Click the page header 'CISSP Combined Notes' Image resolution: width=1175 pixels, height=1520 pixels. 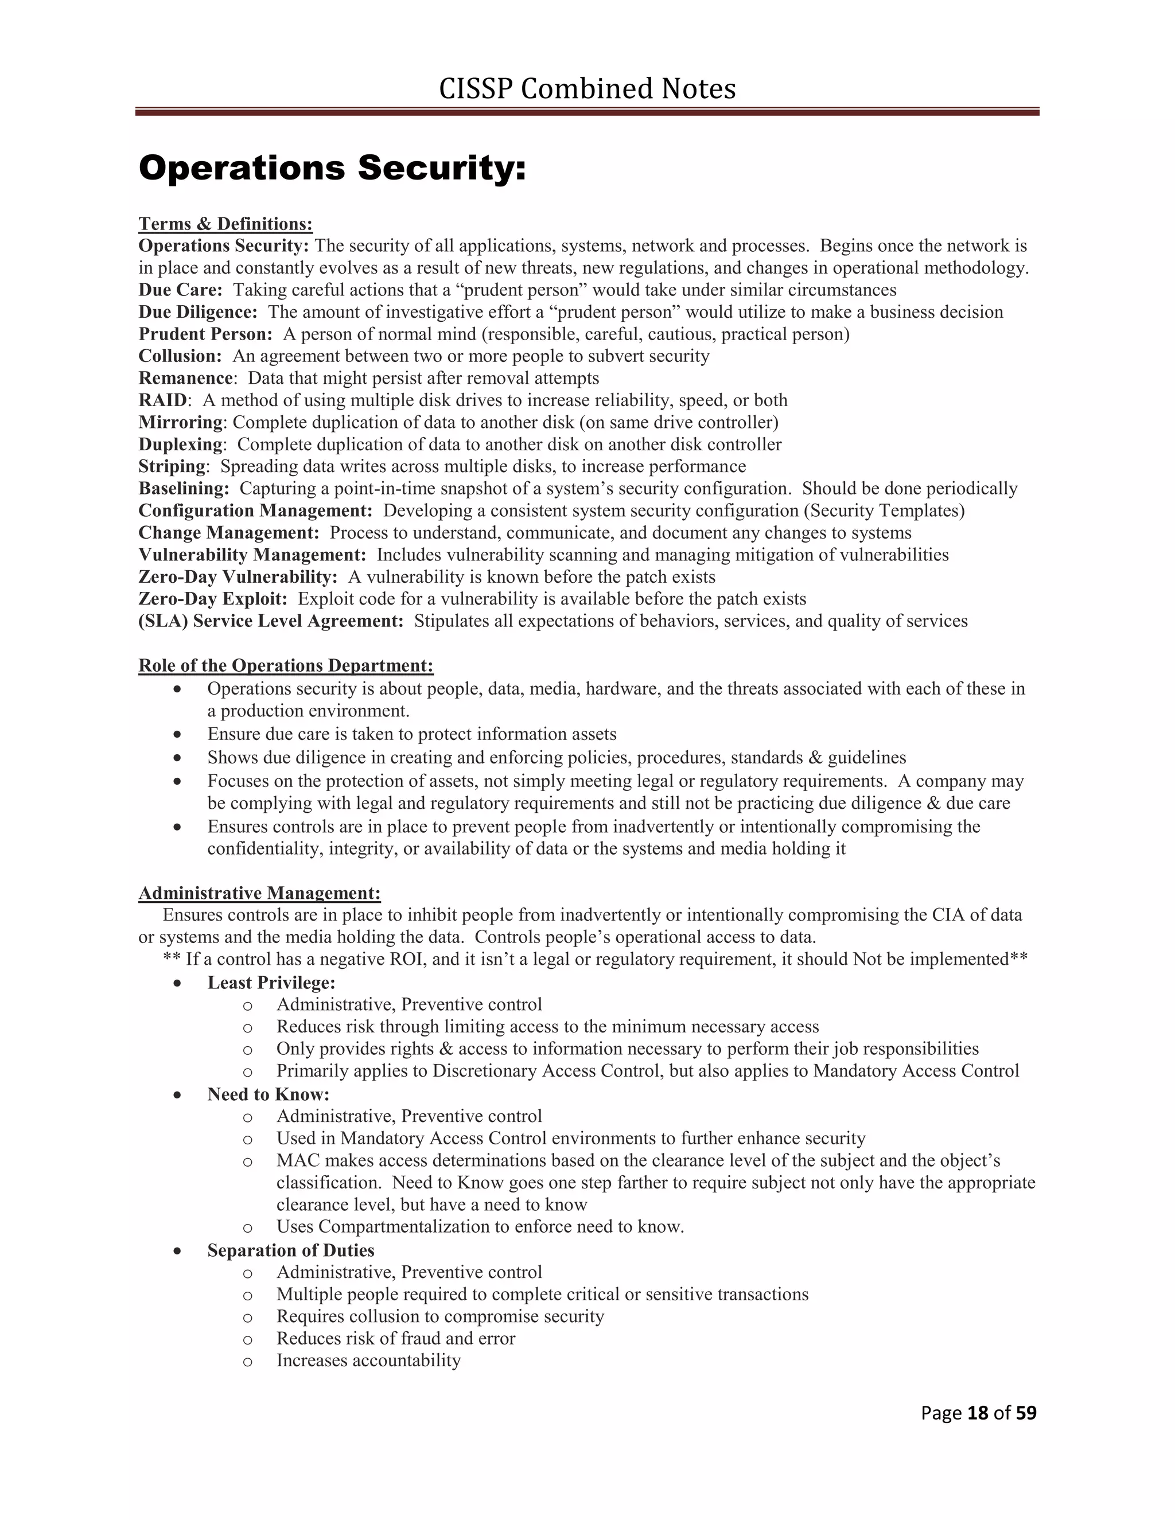(x=587, y=89)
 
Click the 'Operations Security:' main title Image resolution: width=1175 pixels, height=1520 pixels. (x=332, y=169)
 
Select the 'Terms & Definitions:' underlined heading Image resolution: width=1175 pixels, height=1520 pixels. (x=225, y=224)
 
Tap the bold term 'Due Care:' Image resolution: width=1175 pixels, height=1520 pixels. (x=180, y=290)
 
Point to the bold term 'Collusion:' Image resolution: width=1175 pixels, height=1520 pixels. (x=180, y=356)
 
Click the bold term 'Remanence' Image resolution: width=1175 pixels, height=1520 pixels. (x=185, y=378)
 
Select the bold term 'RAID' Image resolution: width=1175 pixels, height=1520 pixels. (x=162, y=400)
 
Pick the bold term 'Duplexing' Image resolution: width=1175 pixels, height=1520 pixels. (x=180, y=444)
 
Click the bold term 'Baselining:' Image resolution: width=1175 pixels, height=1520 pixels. (x=184, y=489)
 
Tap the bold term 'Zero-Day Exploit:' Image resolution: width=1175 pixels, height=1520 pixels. (x=212, y=599)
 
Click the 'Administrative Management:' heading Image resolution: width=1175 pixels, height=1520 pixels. (x=260, y=893)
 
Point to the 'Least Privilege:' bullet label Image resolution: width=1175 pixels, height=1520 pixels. (x=271, y=983)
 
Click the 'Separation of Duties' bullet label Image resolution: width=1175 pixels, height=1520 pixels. (x=290, y=1250)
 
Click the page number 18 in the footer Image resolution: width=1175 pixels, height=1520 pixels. (x=978, y=1413)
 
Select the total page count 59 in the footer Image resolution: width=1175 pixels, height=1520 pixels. (x=1026, y=1413)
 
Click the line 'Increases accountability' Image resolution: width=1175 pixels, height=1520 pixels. (x=368, y=1361)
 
